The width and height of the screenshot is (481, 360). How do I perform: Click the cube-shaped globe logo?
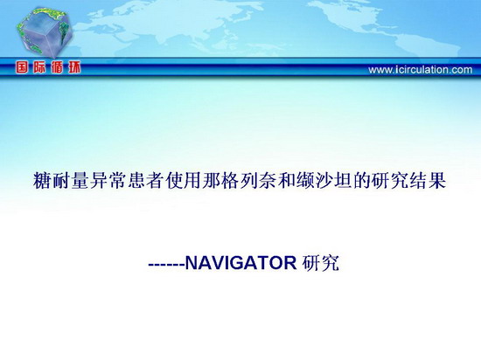[x=44, y=32]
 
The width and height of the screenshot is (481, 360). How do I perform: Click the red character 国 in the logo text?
[x=23, y=67]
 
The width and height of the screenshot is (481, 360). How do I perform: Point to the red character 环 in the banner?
[x=74, y=67]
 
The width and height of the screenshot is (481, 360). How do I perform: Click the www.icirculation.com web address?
[x=421, y=70]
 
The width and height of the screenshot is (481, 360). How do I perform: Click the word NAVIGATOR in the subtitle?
[x=241, y=262]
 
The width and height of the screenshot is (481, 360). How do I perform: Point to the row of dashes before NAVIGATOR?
[x=166, y=264]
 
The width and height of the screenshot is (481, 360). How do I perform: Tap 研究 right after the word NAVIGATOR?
[x=320, y=263]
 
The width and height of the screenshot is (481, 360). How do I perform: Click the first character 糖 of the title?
[x=42, y=181]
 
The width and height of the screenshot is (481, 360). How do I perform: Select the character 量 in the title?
[x=80, y=181]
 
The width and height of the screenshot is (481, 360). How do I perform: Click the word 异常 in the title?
[x=108, y=181]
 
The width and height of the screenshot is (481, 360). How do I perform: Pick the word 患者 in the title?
[x=146, y=181]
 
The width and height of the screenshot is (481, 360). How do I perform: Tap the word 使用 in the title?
[x=184, y=181]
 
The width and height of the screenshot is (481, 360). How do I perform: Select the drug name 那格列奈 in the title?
[x=240, y=181]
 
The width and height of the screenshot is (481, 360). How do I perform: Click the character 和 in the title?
[x=287, y=181]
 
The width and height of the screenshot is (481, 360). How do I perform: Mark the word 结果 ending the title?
[x=428, y=181]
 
